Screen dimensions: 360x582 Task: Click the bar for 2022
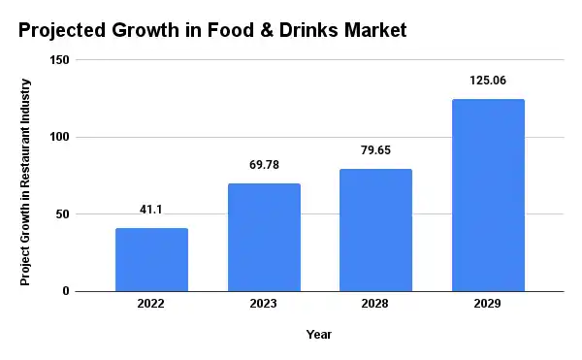(x=151, y=259)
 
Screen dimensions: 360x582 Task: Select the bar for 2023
(x=264, y=238)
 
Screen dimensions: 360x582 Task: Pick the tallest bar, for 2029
(x=488, y=195)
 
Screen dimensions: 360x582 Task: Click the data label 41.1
(x=151, y=210)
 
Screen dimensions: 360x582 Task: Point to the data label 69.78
(x=264, y=165)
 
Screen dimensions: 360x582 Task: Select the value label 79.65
(x=375, y=150)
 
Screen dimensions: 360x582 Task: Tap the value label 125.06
(x=488, y=81)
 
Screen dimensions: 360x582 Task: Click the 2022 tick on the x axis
(x=151, y=304)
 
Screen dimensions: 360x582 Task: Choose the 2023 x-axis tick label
(x=264, y=304)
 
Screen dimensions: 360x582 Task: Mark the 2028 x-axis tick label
(x=375, y=304)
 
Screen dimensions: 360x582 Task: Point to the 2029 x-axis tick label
(x=488, y=304)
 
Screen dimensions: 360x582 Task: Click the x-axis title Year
(x=319, y=335)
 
